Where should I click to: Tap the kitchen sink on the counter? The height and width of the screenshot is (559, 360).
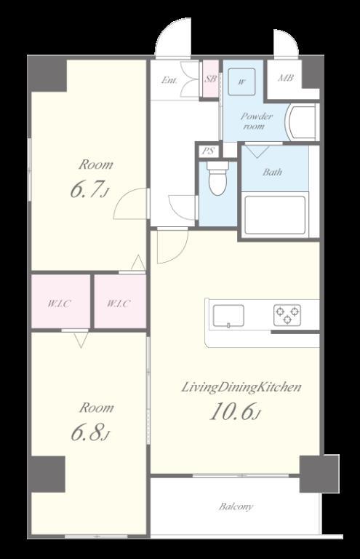228,316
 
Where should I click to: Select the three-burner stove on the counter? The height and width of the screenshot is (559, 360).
287,315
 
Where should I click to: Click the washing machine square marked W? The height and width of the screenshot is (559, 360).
241,82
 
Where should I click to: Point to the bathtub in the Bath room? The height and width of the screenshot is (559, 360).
275,215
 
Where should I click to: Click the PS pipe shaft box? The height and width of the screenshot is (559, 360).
208,151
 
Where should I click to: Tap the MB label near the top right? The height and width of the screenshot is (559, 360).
286,77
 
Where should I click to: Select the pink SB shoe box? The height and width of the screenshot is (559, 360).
210,79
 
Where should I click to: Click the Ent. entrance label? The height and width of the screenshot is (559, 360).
169,80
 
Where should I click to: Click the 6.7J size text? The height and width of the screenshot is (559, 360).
89,189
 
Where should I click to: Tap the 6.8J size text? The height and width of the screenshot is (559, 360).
90,432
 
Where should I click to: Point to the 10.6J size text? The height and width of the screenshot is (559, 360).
236,412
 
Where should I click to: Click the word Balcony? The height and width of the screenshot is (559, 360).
236,507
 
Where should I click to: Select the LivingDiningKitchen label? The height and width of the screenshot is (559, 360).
241,387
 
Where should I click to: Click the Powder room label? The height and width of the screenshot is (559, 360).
257,121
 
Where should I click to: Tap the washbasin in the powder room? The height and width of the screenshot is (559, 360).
302,122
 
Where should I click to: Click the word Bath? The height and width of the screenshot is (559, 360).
273,173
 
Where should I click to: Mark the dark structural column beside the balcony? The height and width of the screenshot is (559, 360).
319,473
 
